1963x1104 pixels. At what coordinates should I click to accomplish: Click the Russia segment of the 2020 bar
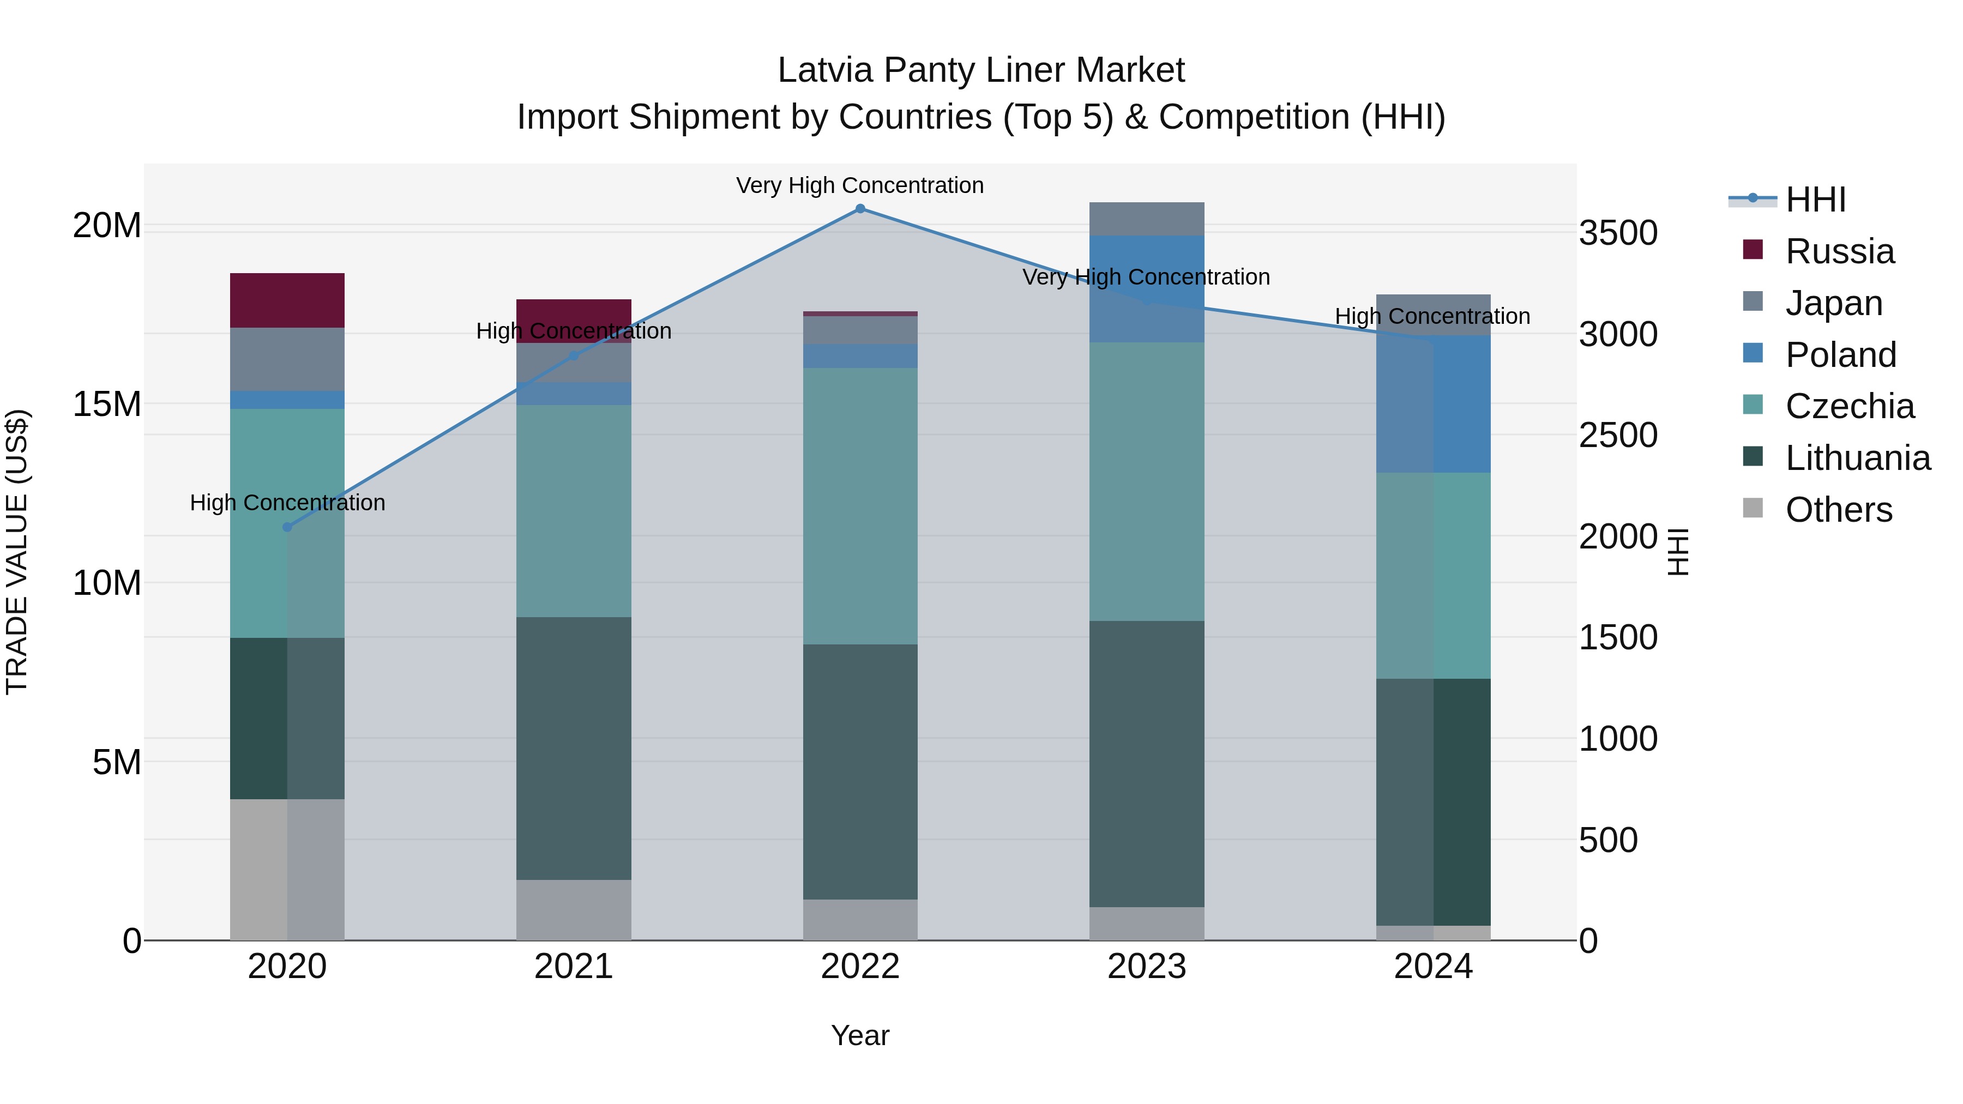point(287,300)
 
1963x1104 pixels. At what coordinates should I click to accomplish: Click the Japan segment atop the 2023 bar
point(1147,219)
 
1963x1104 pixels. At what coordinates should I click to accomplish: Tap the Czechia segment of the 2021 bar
point(574,510)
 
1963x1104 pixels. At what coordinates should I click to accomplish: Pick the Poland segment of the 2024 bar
point(1434,404)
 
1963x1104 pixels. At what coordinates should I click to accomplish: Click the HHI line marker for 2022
point(860,209)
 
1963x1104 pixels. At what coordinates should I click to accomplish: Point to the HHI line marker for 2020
point(287,527)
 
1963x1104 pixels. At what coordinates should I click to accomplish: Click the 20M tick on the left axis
point(107,226)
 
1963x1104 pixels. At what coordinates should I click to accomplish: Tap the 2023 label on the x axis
point(1147,967)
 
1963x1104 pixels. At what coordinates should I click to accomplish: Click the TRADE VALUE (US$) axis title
point(17,552)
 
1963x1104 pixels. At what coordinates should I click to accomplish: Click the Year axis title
point(860,1035)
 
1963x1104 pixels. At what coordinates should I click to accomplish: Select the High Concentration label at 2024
point(1432,316)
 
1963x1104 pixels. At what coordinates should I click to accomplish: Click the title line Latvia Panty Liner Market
point(981,70)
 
